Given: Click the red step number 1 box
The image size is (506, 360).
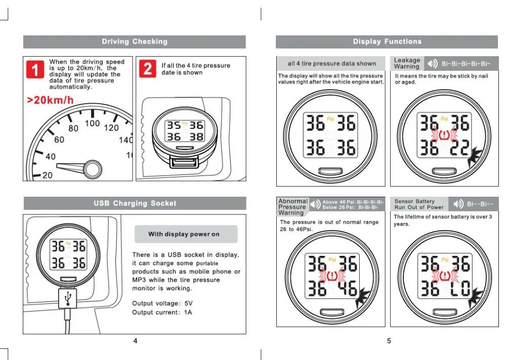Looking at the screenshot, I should (x=35, y=69).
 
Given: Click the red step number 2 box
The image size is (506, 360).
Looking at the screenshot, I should (x=147, y=69).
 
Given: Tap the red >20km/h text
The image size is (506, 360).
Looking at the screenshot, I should (x=50, y=100).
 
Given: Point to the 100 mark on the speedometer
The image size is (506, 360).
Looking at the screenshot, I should (x=92, y=123).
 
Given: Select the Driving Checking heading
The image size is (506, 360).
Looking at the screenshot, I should (x=134, y=41).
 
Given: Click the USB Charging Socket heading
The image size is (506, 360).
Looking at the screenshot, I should (x=135, y=203).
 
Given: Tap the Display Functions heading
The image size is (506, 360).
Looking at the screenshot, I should (x=387, y=41).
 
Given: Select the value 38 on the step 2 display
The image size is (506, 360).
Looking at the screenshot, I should (x=196, y=137).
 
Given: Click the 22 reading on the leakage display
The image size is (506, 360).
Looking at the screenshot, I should (x=460, y=147).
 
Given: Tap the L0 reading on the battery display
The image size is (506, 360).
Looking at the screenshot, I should (x=460, y=289).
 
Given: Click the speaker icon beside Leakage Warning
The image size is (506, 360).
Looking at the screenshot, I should (x=432, y=64).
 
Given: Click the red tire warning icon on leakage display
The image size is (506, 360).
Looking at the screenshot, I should (x=444, y=136).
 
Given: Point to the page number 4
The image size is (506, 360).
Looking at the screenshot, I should (x=135, y=341).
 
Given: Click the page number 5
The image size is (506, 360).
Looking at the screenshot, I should (x=389, y=341).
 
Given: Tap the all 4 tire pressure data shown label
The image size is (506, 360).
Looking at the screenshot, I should (x=331, y=64).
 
